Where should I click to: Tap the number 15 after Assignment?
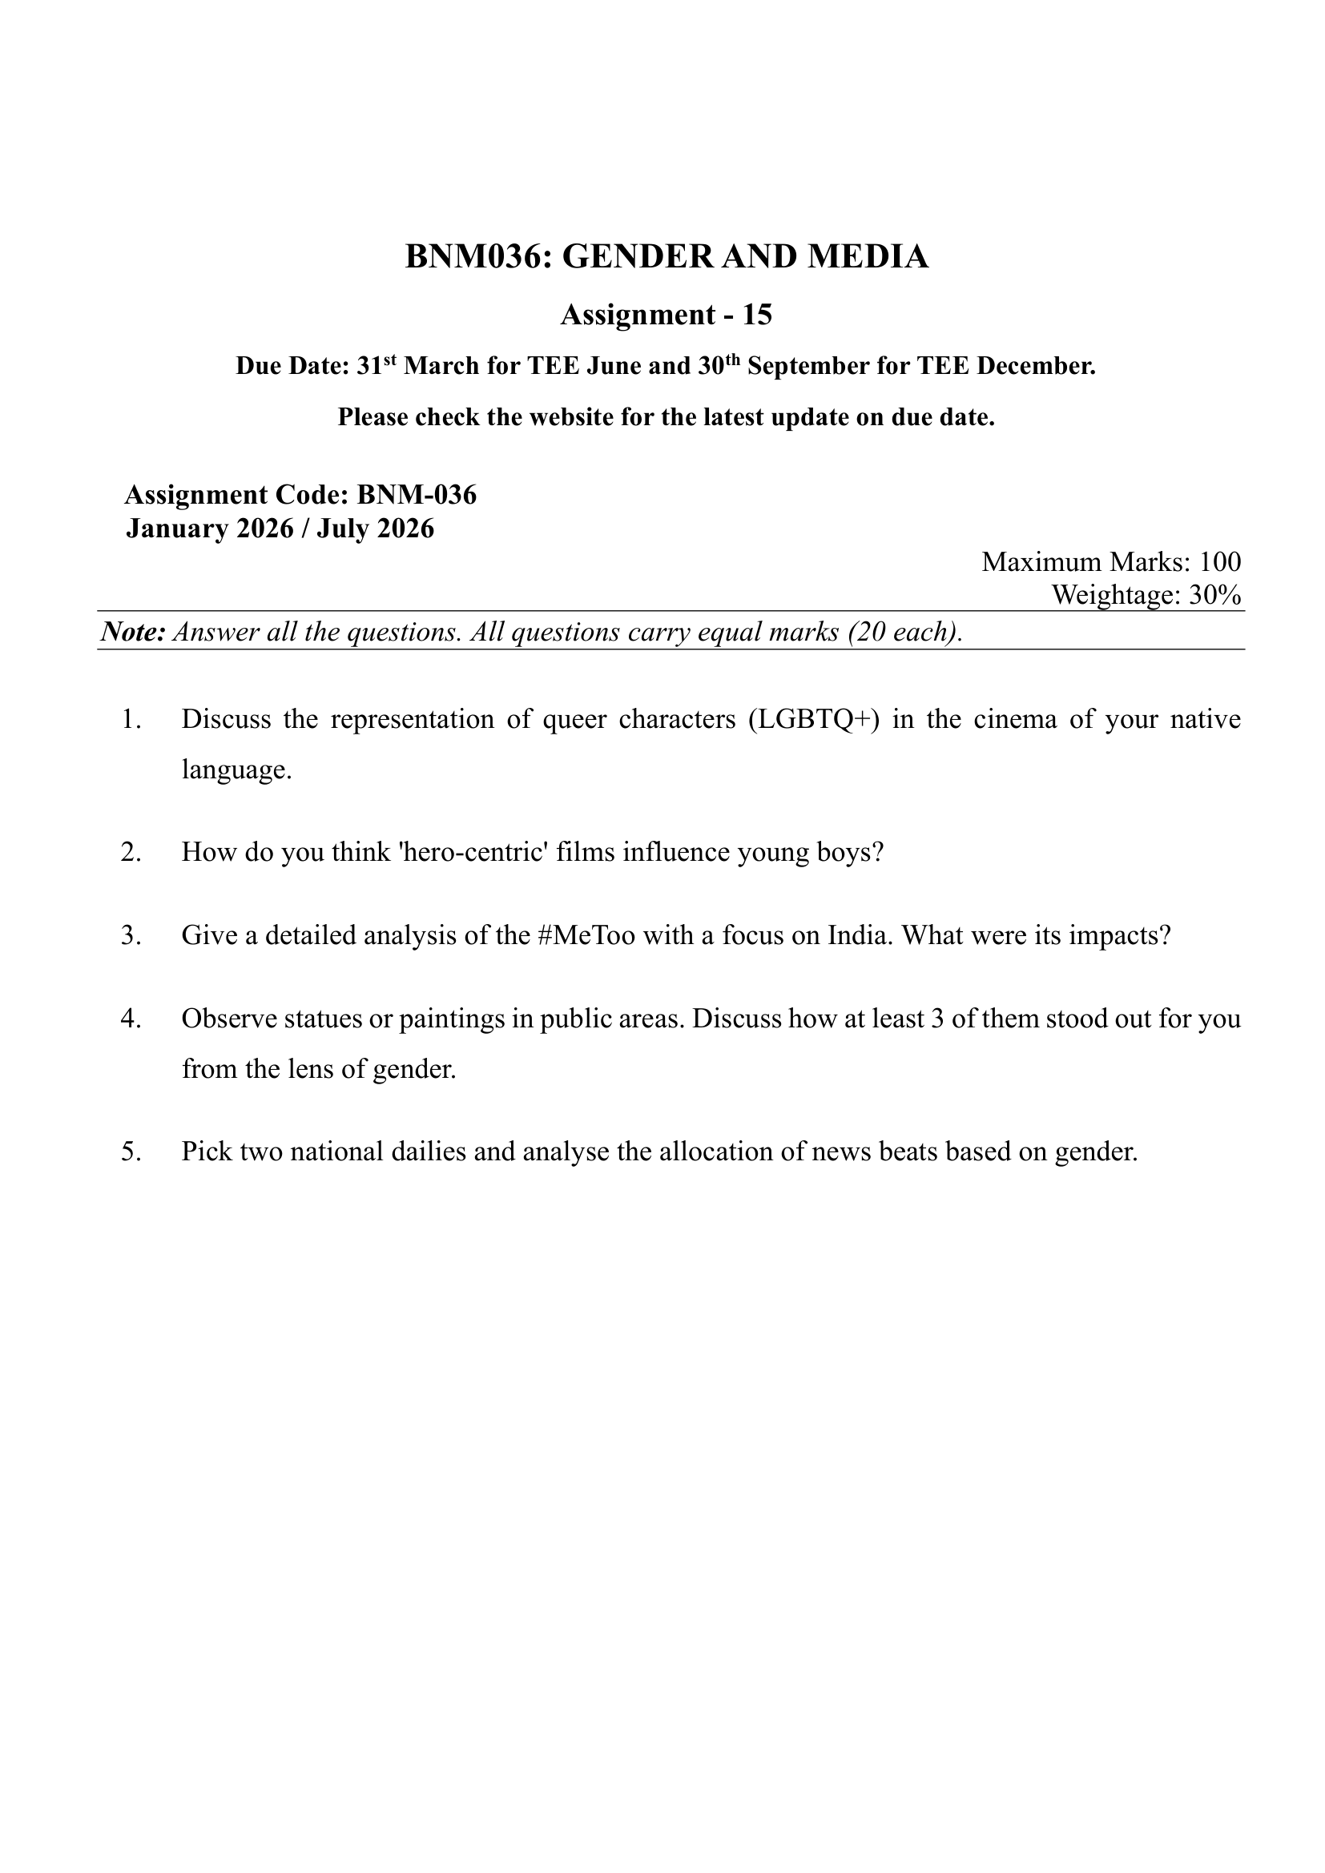(756, 315)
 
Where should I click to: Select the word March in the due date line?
(441, 366)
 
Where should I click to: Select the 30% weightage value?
(1215, 596)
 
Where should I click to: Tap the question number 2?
(131, 853)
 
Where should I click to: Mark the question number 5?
(131, 1152)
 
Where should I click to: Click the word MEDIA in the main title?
(868, 257)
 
